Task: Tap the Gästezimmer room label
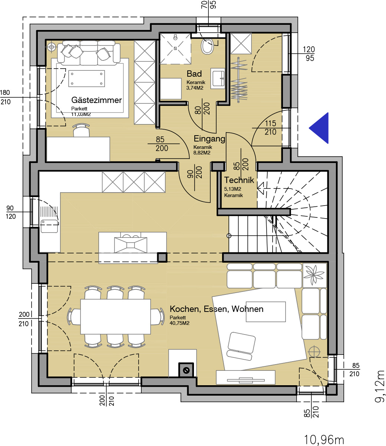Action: pyautogui.click(x=96, y=100)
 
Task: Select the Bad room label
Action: pyautogui.click(x=194, y=74)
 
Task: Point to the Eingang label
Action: pyautogui.click(x=209, y=139)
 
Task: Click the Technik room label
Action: pyautogui.click(x=239, y=180)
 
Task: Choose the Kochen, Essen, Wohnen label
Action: pyautogui.click(x=217, y=309)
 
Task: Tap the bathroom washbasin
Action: pyautogui.click(x=218, y=79)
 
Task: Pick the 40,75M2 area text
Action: pyautogui.click(x=179, y=323)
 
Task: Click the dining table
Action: pyautogui.click(x=116, y=317)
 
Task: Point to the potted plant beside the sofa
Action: pyautogui.click(x=314, y=275)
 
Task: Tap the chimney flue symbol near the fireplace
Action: pyautogui.click(x=186, y=371)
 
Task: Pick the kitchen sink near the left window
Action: pyautogui.click(x=49, y=226)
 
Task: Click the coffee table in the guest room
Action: pyautogui.click(x=87, y=79)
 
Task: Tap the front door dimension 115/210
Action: pyautogui.click(x=270, y=127)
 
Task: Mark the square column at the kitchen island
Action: pyautogui.click(x=162, y=257)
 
